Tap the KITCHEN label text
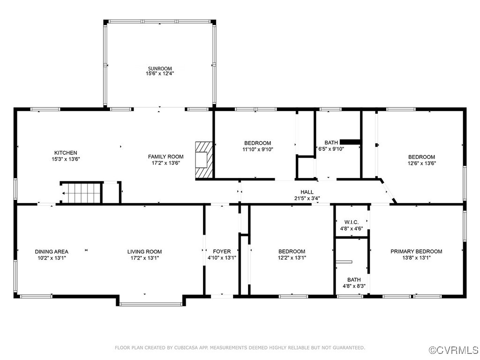[66, 153]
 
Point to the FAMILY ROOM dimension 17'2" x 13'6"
[166, 163]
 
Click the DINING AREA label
[51, 252]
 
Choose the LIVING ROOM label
[144, 252]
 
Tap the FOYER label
[222, 252]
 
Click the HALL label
[307, 192]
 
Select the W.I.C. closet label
[351, 222]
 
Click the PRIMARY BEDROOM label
[416, 252]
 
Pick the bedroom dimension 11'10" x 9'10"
[257, 150]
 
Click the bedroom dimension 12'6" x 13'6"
[421, 164]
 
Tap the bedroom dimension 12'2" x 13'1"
[292, 258]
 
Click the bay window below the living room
[151, 304]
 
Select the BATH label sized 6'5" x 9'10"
[331, 143]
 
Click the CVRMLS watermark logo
[454, 350]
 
